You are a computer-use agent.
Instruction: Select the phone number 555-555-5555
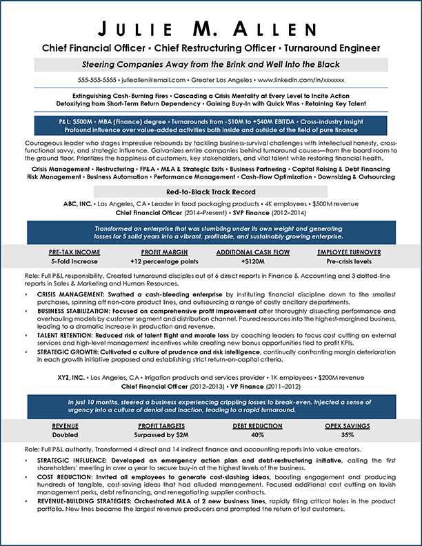(97, 80)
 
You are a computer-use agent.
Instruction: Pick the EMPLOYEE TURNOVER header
(350, 252)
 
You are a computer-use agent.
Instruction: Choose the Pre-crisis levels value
(350, 263)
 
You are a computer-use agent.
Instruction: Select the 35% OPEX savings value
(348, 436)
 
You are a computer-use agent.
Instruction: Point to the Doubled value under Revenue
(66, 436)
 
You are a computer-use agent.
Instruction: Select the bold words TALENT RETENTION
(63, 333)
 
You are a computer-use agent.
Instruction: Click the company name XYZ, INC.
(66, 378)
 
